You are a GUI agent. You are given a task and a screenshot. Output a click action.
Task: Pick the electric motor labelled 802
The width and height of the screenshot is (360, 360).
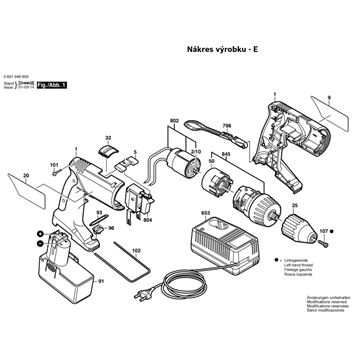[181, 171]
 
